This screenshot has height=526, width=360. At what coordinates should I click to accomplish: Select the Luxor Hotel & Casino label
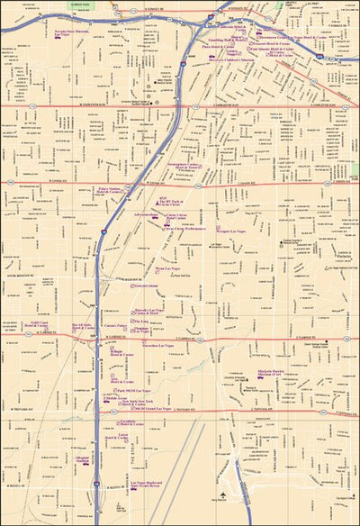pos(124,438)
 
